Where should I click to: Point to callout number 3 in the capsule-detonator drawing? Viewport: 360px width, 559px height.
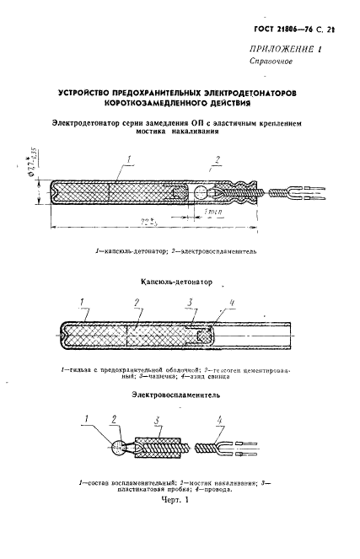click(x=191, y=301)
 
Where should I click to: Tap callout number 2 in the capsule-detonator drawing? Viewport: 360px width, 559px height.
click(x=135, y=301)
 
